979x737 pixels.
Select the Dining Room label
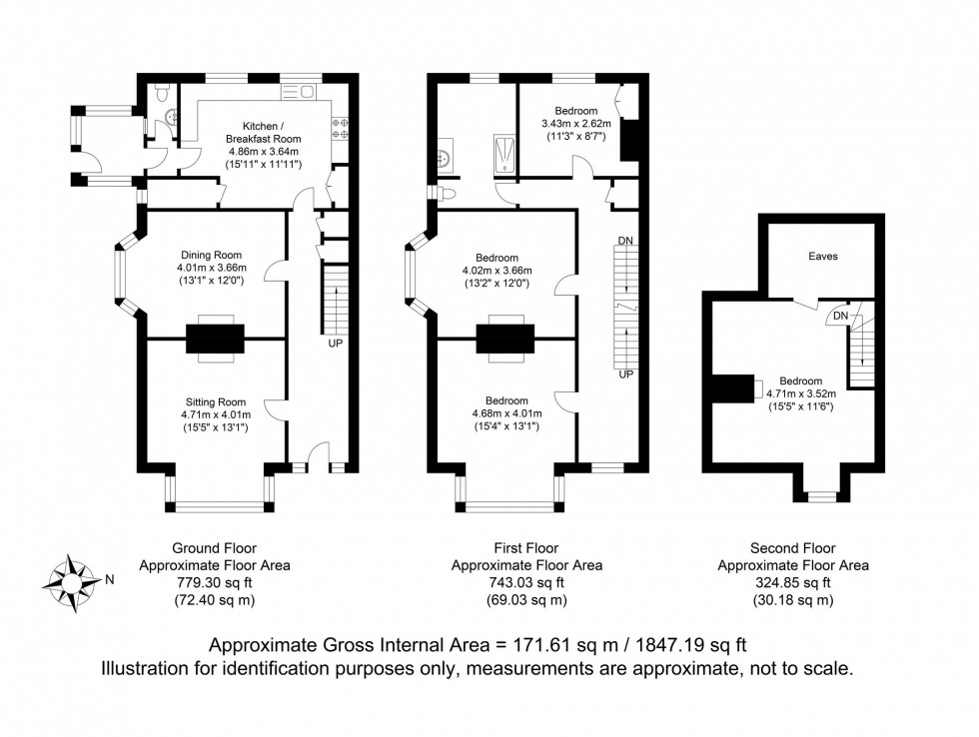(211, 255)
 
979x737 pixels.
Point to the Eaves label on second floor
(823, 257)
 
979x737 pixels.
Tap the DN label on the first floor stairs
(625, 242)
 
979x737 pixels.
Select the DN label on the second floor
(840, 317)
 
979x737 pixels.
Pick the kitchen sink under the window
(299, 92)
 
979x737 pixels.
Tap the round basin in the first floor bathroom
(444, 156)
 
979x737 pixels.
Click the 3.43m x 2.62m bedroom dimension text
(576, 124)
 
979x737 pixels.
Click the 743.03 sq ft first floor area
(526, 583)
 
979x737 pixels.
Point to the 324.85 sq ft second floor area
(793, 583)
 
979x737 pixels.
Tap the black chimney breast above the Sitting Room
(214, 340)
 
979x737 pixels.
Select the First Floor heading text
(526, 548)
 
